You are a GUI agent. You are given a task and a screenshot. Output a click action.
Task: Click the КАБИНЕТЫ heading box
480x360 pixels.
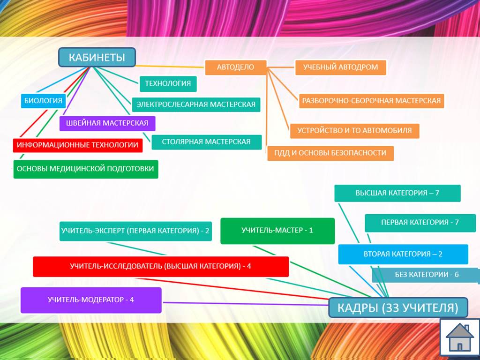pos(97,57)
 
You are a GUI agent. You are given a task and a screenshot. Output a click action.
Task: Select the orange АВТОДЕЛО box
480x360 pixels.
pos(236,67)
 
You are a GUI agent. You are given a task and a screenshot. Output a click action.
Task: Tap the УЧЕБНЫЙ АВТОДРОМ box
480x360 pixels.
pos(340,67)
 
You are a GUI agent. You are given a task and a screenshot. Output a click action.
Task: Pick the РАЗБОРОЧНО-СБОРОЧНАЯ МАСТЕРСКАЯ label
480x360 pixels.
pos(371,100)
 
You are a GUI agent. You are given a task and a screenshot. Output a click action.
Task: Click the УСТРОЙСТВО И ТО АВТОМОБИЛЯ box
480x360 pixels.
pos(354,130)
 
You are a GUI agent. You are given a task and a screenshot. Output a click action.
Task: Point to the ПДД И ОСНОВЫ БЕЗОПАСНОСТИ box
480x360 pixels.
pos(330,153)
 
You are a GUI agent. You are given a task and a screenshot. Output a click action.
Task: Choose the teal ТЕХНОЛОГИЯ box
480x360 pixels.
pos(168,83)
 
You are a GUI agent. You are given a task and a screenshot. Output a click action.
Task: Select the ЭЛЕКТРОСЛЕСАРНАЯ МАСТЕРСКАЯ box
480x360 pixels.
pos(196,104)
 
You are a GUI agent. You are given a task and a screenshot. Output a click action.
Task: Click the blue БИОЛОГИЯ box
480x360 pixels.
pos(43,100)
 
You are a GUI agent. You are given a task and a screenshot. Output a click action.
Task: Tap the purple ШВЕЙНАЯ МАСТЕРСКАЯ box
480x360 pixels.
pos(107,123)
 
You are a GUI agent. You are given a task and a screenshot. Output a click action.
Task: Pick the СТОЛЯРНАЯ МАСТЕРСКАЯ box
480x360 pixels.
pos(206,142)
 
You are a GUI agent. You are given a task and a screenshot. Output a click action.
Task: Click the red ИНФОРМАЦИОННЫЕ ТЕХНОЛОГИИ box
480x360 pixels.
pos(78,145)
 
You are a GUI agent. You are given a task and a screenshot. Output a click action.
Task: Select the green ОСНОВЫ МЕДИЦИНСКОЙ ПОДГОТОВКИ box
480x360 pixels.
pos(86,169)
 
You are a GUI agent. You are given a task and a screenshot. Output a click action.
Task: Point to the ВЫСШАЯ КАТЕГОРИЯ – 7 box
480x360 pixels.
pos(397,193)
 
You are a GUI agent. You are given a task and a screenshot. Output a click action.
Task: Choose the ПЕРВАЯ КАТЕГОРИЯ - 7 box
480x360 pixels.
pos(420,222)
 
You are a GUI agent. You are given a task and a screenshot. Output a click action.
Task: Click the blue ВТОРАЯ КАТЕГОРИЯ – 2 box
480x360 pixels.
pos(403,254)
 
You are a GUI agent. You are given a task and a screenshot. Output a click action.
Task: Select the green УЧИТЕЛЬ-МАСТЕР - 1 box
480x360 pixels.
pos(277,231)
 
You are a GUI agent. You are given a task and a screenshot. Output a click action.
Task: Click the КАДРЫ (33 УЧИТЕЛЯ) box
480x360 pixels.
pos(398,308)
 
